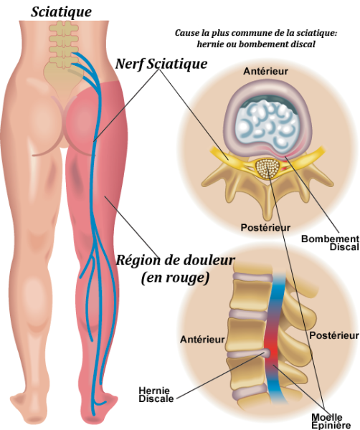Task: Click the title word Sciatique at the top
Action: [61, 12]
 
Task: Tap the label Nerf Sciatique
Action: [161, 64]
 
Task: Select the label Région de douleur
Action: [176, 260]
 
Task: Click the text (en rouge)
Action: [175, 278]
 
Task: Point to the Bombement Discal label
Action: [331, 243]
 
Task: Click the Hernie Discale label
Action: [156, 394]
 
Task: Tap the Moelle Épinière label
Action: [331, 421]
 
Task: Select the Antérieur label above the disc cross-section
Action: [265, 71]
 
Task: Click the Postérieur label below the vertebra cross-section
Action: [265, 227]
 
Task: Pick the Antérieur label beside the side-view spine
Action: [202, 340]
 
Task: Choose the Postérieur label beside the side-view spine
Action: [334, 335]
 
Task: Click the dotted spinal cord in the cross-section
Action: [268, 168]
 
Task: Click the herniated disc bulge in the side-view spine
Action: [267, 353]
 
